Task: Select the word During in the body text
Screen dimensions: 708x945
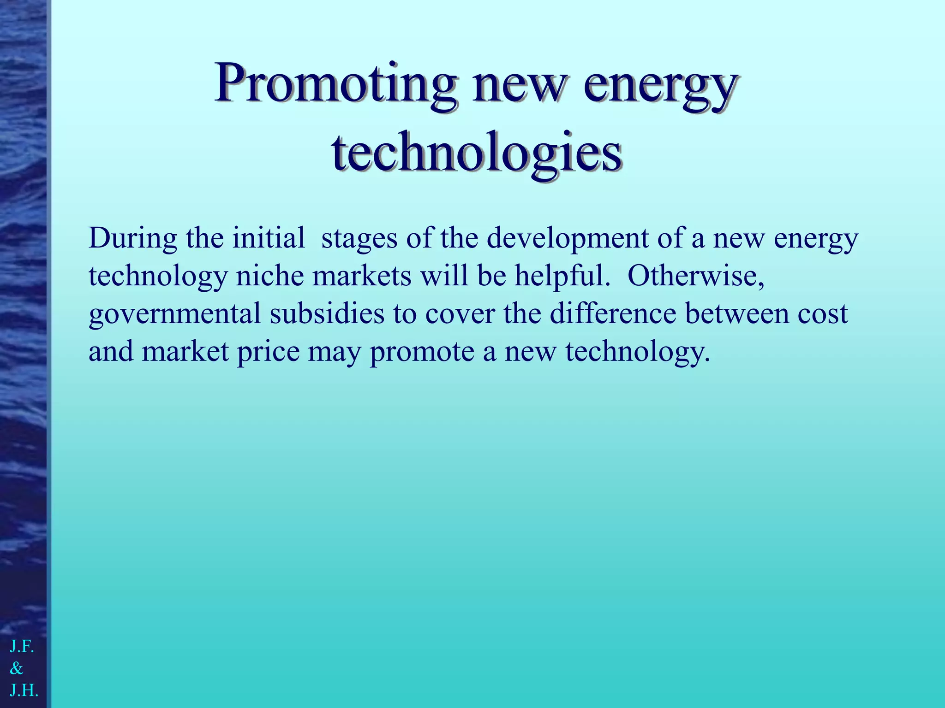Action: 133,239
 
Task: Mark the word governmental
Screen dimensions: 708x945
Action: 175,315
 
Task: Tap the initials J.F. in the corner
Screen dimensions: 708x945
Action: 22,647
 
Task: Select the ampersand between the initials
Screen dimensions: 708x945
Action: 17,668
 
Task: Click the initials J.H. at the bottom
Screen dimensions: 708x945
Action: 24,690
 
